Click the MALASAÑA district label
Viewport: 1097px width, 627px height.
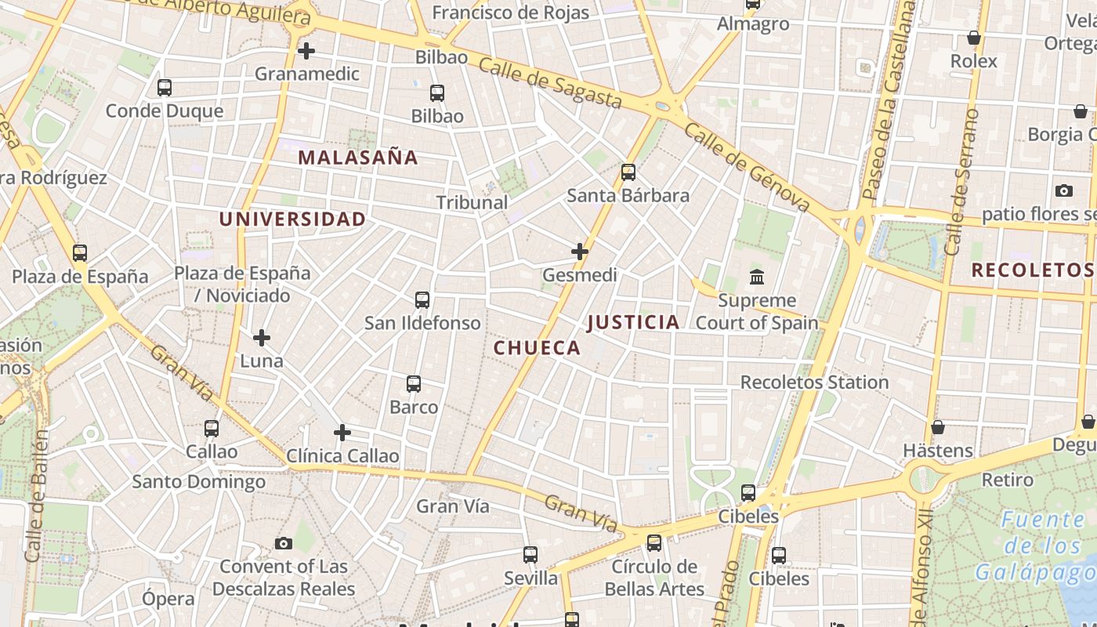pyautogui.click(x=358, y=157)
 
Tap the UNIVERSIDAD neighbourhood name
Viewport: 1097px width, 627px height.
pyautogui.click(x=292, y=219)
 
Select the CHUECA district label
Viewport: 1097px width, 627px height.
pyautogui.click(x=537, y=348)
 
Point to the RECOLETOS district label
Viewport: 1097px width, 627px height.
pyautogui.click(x=1032, y=270)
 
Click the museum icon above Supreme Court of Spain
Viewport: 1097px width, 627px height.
pyautogui.click(x=757, y=277)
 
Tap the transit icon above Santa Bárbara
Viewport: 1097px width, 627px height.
pyautogui.click(x=628, y=172)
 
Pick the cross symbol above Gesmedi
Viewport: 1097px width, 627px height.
pyautogui.click(x=580, y=252)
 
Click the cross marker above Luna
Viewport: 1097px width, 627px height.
pyautogui.click(x=262, y=338)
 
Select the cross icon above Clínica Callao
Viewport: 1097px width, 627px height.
pyautogui.click(x=342, y=433)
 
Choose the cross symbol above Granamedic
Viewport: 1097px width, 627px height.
pyautogui.click(x=306, y=51)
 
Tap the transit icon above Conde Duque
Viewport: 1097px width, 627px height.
pyautogui.click(x=165, y=88)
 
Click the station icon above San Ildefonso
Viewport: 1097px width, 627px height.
pyautogui.click(x=422, y=299)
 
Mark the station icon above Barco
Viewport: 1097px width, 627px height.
pyautogui.click(x=414, y=384)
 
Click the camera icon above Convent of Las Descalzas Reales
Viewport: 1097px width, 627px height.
pyautogui.click(x=284, y=543)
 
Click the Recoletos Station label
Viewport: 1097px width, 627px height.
pyautogui.click(x=814, y=382)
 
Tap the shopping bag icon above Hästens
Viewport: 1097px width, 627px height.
pyautogui.click(x=938, y=427)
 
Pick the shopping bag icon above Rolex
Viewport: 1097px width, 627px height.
pyautogui.click(x=974, y=38)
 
